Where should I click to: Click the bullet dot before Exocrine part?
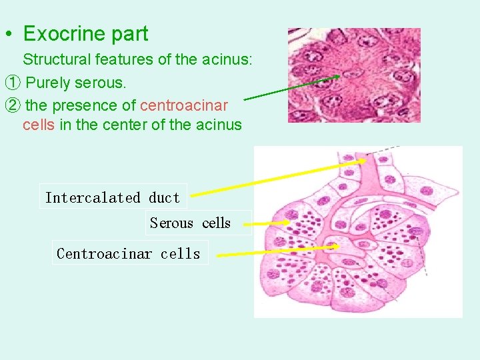[8, 34]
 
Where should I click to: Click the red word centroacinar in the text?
[185, 105]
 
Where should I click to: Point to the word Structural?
[56, 60]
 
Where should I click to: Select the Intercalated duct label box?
[113, 197]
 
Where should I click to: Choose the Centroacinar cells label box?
[129, 253]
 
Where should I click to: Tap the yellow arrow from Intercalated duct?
[277, 177]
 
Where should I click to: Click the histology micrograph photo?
[354, 75]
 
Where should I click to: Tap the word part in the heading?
[131, 33]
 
